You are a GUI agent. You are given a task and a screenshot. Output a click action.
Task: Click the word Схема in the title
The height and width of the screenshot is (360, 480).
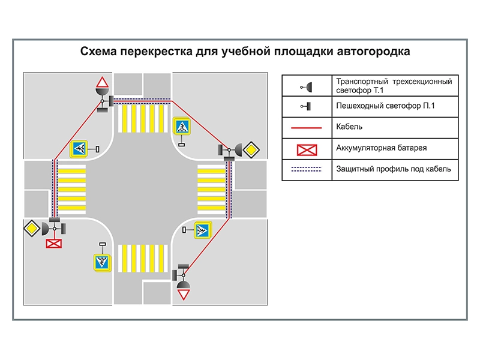(99, 52)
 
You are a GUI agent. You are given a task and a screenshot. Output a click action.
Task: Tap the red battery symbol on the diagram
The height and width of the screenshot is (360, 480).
(54, 243)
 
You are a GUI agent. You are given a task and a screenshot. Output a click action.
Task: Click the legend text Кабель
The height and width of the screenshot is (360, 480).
(350, 127)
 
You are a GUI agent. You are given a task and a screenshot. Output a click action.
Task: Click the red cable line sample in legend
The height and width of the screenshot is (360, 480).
(307, 127)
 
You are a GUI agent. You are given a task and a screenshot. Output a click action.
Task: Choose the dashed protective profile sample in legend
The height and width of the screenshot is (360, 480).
(307, 169)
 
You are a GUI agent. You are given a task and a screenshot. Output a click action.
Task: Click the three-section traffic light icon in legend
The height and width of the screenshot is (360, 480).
(307, 86)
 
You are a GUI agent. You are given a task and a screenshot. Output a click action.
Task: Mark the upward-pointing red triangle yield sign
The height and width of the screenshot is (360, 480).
(103, 82)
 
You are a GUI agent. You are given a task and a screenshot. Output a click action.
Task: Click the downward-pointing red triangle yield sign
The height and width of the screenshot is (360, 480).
(184, 294)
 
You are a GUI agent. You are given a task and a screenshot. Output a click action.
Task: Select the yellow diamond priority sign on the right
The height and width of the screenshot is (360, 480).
(252, 149)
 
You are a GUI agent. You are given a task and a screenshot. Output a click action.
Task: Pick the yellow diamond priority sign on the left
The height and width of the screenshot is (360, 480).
(32, 228)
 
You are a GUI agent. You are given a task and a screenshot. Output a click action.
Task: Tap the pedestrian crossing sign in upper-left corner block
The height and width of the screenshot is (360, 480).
(79, 148)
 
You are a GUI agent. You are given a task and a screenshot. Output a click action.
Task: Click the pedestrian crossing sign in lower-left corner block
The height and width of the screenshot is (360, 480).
(103, 262)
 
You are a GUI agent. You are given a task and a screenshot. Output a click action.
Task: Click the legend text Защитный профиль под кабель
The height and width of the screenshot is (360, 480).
(394, 169)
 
